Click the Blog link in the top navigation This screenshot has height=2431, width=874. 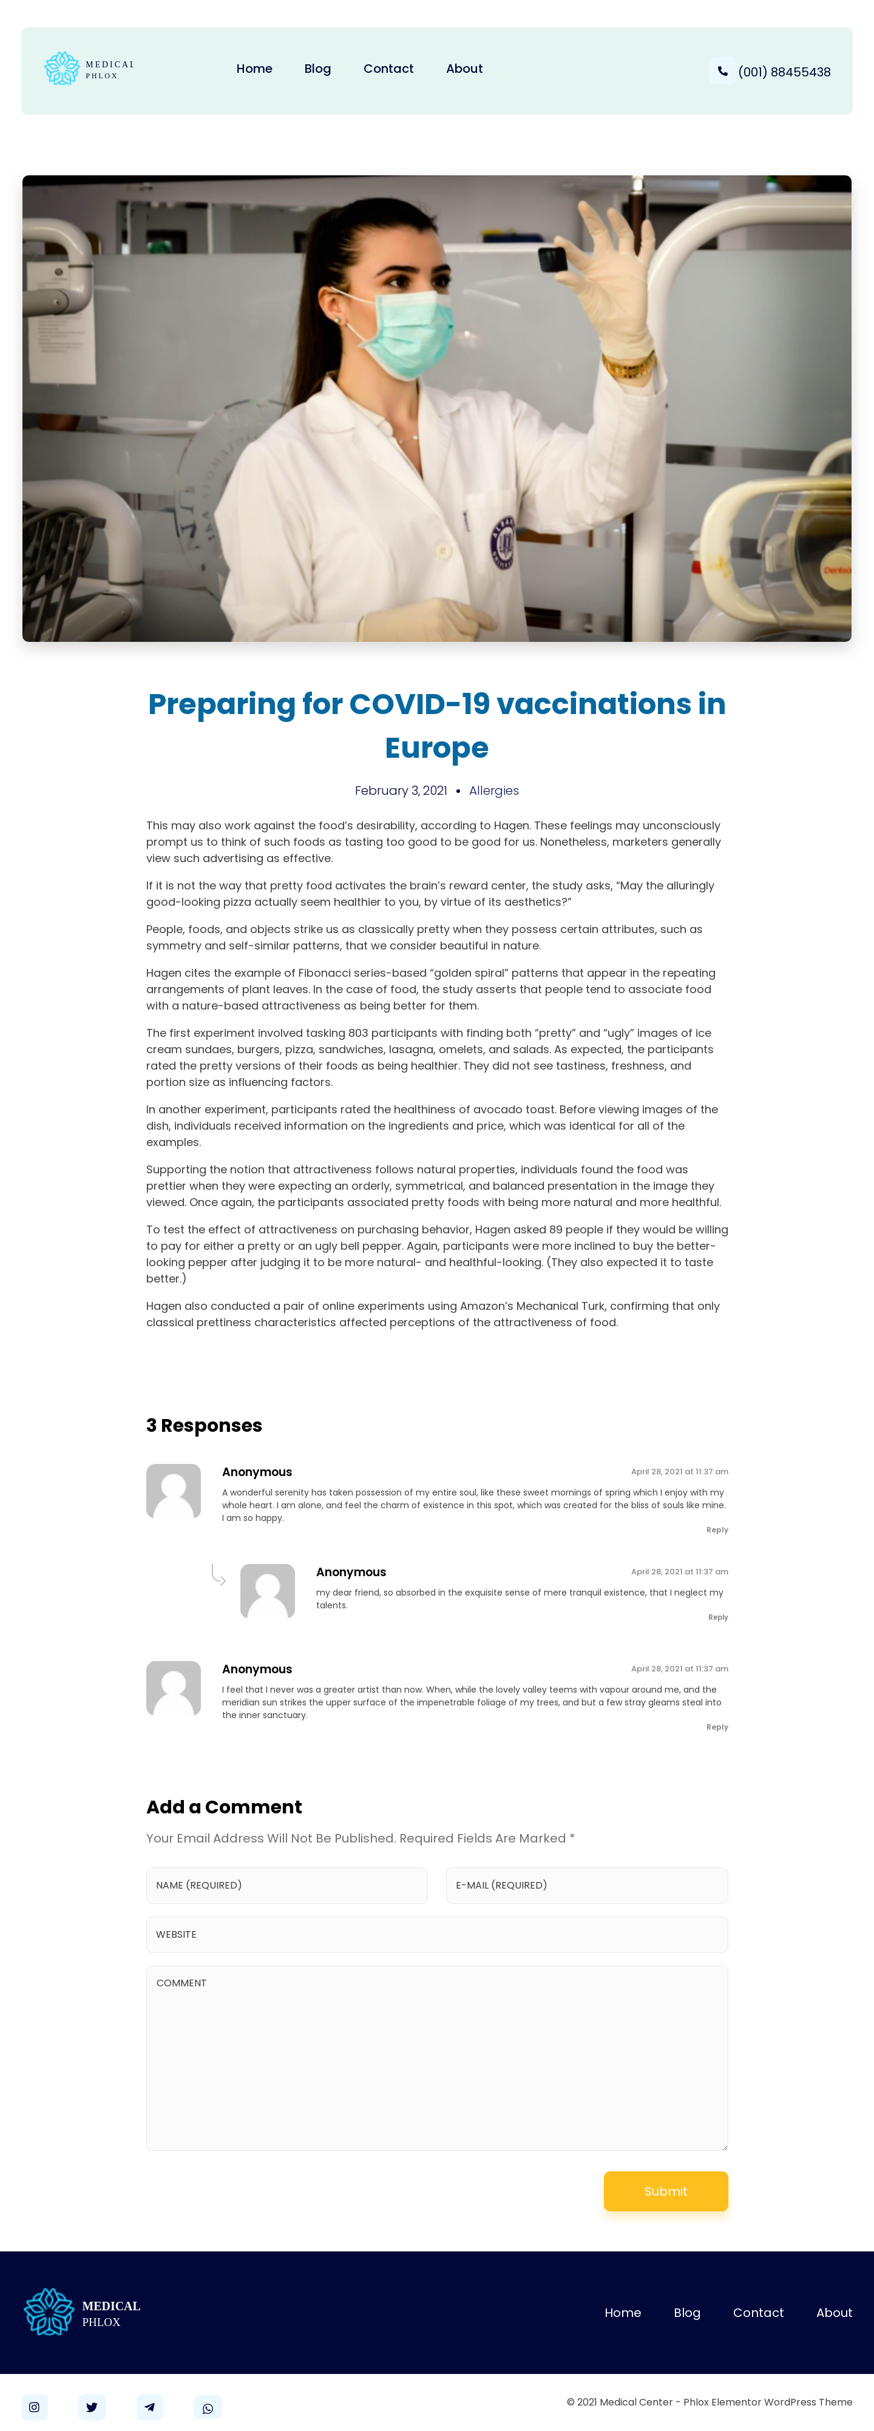pyautogui.click(x=317, y=69)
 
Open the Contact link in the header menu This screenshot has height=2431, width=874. pyautogui.click(x=388, y=69)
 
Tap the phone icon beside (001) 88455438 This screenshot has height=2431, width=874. pyautogui.click(x=722, y=71)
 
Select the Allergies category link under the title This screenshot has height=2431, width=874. pyautogui.click(x=493, y=791)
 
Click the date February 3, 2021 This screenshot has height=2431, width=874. pyautogui.click(x=400, y=791)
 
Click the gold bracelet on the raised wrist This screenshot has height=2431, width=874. pyautogui.click(x=629, y=366)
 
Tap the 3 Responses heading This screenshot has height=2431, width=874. pyautogui.click(x=204, y=1425)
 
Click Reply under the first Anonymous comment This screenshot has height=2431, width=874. pyautogui.click(x=716, y=1529)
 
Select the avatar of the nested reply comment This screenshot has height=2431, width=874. pyautogui.click(x=267, y=1591)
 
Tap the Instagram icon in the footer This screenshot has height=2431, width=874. pyautogui.click(x=34, y=2407)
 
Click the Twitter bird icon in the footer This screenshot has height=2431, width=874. pyautogui.click(x=92, y=2407)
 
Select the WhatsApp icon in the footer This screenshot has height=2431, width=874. pyautogui.click(x=208, y=2407)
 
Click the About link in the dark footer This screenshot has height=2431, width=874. pyautogui.click(x=833, y=2312)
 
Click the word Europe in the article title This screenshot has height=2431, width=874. pyautogui.click(x=436, y=747)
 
